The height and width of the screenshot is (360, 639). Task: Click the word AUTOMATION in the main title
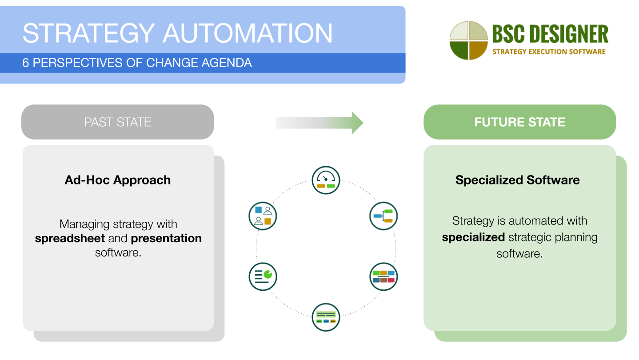pos(248,33)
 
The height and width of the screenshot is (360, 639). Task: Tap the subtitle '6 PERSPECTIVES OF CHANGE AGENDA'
pos(137,63)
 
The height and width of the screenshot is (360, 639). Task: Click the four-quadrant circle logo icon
pos(468,40)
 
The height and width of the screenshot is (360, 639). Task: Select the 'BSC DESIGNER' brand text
pos(550,35)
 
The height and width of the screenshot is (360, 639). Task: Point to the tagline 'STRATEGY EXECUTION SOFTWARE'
pos(549,52)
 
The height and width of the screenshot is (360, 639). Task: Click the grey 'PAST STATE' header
pos(118,122)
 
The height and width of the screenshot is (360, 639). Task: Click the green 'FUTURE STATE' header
pos(519,122)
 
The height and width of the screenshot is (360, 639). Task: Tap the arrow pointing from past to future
pos(319,122)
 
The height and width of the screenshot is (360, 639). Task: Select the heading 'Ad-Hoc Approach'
pos(118,180)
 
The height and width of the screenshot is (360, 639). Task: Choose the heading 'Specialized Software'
pos(517,180)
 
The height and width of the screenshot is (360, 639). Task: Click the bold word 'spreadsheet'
pos(70,239)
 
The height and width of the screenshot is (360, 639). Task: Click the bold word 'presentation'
pos(166,239)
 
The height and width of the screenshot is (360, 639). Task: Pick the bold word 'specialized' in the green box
pos(473,237)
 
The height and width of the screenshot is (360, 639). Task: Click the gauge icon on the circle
pos(326,180)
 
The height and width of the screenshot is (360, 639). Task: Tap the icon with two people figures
pos(263,216)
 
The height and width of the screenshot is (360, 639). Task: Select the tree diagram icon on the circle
pos(383,216)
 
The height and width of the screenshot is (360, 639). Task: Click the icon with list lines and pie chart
pos(263,276)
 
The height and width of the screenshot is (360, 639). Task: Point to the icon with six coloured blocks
pos(383,276)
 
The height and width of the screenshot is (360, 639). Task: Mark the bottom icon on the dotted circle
pos(326,317)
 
